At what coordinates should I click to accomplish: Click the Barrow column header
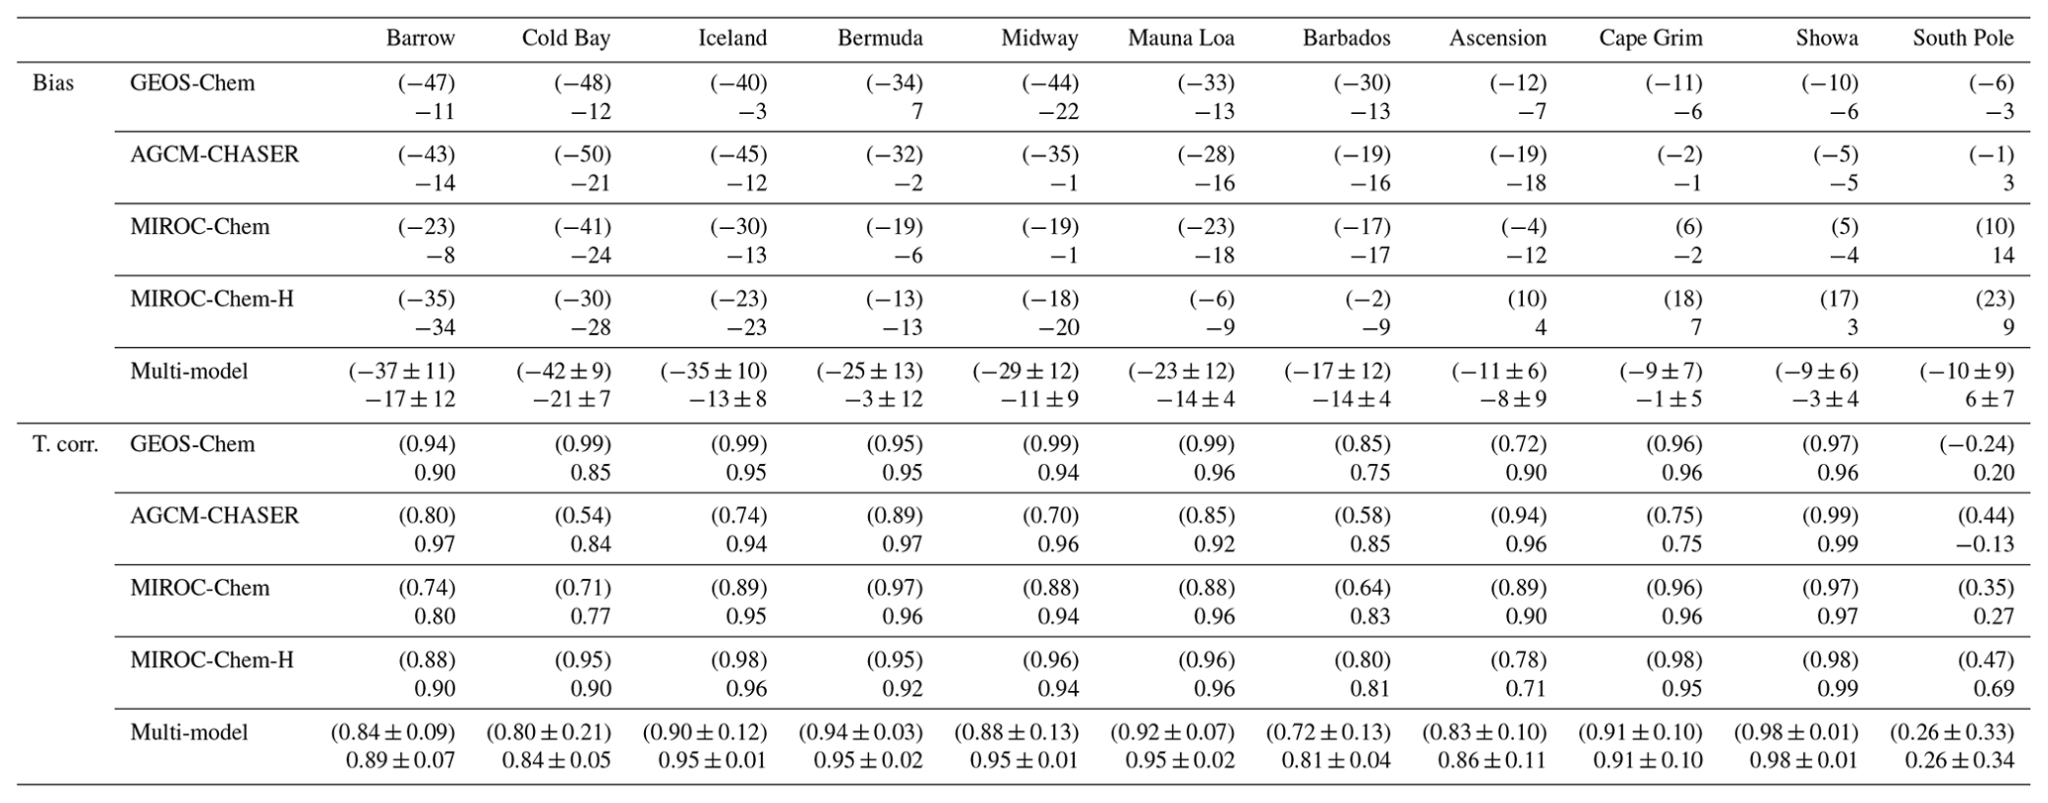(420, 39)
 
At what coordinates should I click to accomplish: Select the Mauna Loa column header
(1181, 39)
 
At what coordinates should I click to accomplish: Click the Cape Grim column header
(1651, 39)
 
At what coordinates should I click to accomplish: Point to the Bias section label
(53, 83)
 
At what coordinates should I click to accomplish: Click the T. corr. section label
(65, 444)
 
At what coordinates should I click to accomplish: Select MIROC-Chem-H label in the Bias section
(212, 299)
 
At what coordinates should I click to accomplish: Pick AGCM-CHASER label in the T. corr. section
(214, 516)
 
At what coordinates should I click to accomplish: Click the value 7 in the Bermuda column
(916, 112)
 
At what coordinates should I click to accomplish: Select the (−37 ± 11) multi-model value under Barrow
(401, 372)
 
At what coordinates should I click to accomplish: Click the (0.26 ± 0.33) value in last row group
(1952, 733)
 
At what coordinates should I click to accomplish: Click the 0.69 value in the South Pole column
(1994, 689)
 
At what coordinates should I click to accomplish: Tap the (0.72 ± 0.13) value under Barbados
(1328, 733)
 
